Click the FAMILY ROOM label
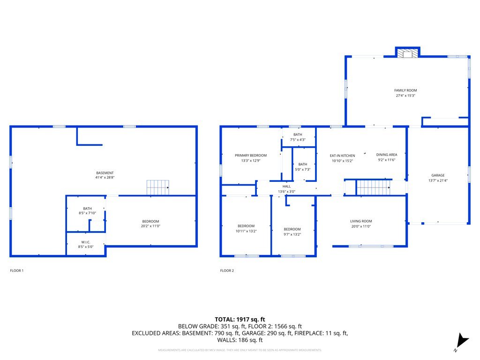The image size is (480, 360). coord(405,90)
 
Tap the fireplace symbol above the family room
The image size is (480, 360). coord(407,54)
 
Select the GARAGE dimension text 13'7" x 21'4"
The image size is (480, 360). coord(438,180)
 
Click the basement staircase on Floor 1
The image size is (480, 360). coord(157,187)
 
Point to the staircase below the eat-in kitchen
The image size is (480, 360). coord(374,187)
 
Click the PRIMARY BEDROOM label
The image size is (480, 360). coord(250,156)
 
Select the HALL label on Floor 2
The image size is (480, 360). coord(286,186)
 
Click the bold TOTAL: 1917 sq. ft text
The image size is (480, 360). coord(240,319)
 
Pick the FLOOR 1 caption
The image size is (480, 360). coord(16,270)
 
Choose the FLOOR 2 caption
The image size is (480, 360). coord(227,270)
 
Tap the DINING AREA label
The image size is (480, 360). coord(386,155)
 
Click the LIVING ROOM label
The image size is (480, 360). coord(360,221)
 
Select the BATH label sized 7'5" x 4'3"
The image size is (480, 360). coord(298,135)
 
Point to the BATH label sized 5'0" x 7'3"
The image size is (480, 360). coord(303,165)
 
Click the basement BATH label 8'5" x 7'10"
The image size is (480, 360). coord(88,209)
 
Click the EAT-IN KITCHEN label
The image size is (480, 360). coord(342,156)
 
